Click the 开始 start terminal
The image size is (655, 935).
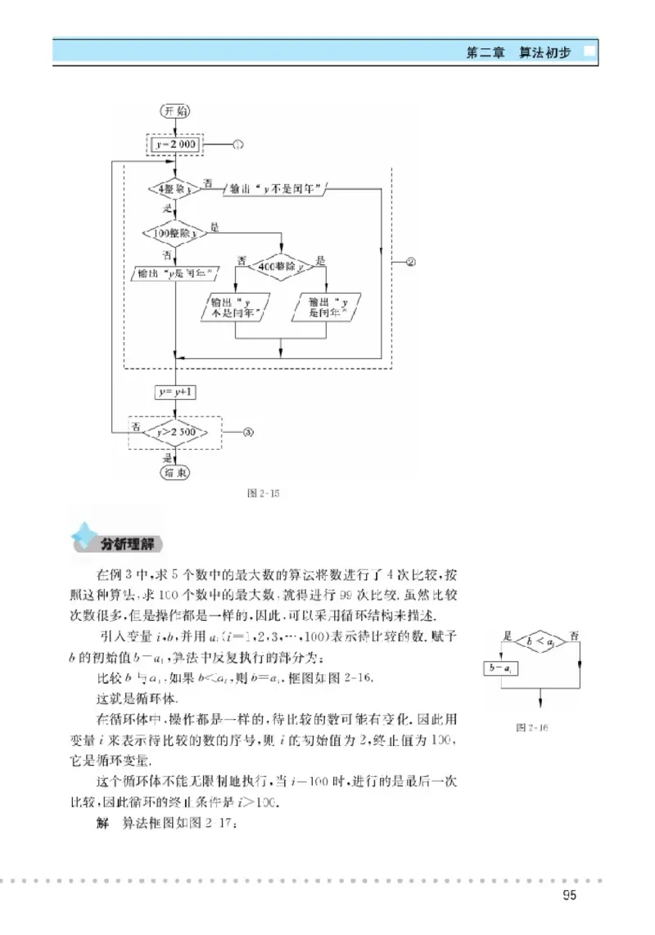click(175, 110)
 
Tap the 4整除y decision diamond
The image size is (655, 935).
click(175, 190)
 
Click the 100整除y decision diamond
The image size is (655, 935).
click(175, 233)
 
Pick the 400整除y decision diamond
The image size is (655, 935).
click(281, 266)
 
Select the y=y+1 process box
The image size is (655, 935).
click(175, 392)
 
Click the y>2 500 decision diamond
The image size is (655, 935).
click(175, 432)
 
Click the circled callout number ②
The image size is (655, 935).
click(411, 263)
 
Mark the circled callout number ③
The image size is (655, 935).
click(246, 432)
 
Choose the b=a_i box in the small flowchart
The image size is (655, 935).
click(500, 668)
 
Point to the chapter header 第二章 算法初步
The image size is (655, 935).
click(518, 53)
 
